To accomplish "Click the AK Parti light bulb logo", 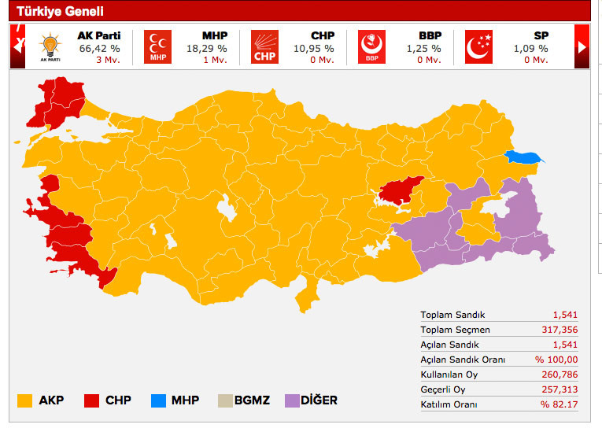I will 50,46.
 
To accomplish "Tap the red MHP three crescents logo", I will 157,46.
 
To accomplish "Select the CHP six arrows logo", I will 265,46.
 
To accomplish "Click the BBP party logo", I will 371,46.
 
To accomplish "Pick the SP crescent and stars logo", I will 478,46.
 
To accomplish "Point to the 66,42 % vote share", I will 99,48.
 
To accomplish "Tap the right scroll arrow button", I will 582,46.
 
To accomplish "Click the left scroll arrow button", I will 17,46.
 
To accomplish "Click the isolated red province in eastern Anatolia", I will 399,190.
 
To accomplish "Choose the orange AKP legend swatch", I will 25,400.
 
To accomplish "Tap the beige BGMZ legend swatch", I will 223,400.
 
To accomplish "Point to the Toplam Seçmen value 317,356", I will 560,330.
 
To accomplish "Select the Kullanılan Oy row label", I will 449,374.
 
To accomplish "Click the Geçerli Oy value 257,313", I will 560,389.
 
